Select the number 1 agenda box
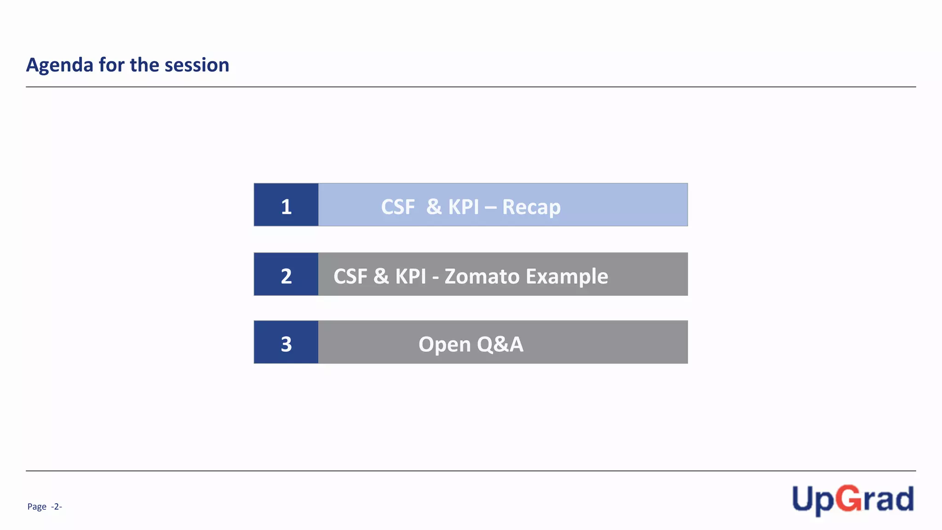coord(286,205)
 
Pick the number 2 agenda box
coord(286,275)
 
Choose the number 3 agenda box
coord(286,343)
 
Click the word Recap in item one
coord(531,207)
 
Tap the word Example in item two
coord(567,277)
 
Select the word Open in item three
coord(444,345)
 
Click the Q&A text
coord(500,345)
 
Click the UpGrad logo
coord(852,500)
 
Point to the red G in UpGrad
coord(849,499)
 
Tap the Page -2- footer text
coord(45,507)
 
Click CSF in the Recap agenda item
coord(398,207)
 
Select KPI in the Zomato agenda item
coord(411,277)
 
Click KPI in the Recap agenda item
coord(464,207)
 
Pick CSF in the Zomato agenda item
coord(350,277)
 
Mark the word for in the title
coord(111,65)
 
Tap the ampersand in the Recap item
coord(434,207)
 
